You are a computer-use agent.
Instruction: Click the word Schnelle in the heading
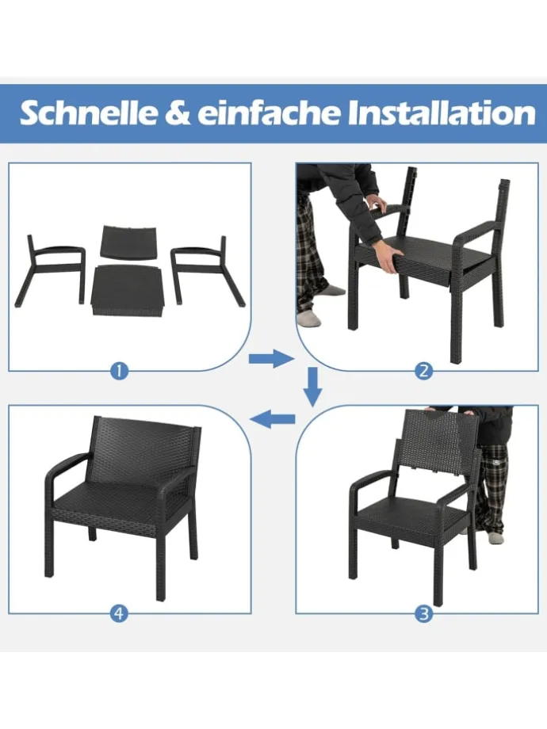click(x=89, y=113)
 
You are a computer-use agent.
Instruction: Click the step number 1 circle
click(x=119, y=371)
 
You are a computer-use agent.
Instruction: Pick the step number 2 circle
click(x=424, y=371)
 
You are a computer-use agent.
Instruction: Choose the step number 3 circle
click(x=424, y=613)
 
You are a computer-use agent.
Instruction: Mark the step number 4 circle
click(x=119, y=613)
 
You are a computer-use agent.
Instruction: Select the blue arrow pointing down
click(x=314, y=385)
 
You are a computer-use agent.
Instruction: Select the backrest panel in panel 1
click(x=129, y=241)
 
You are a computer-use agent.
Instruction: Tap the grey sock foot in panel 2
click(x=311, y=319)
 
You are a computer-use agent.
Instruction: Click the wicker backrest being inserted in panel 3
click(x=440, y=443)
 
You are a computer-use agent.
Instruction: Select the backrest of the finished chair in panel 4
click(x=143, y=451)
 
